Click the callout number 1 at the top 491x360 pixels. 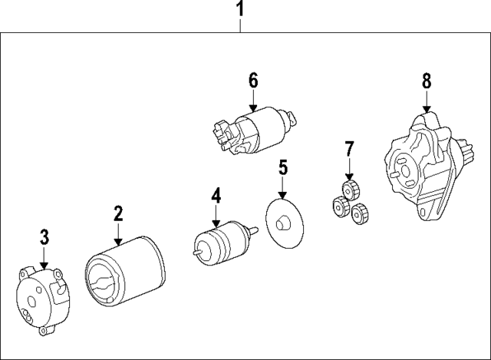pyautogui.click(x=240, y=10)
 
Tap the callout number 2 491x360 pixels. pyautogui.click(x=118, y=213)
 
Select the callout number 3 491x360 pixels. pyautogui.click(x=44, y=236)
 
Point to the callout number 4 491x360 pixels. pyautogui.click(x=216, y=197)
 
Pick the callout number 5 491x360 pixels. pyautogui.click(x=282, y=167)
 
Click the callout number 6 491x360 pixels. pyautogui.click(x=252, y=81)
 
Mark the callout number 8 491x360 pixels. pyautogui.click(x=427, y=81)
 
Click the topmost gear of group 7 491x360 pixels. pyautogui.click(x=351, y=190)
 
